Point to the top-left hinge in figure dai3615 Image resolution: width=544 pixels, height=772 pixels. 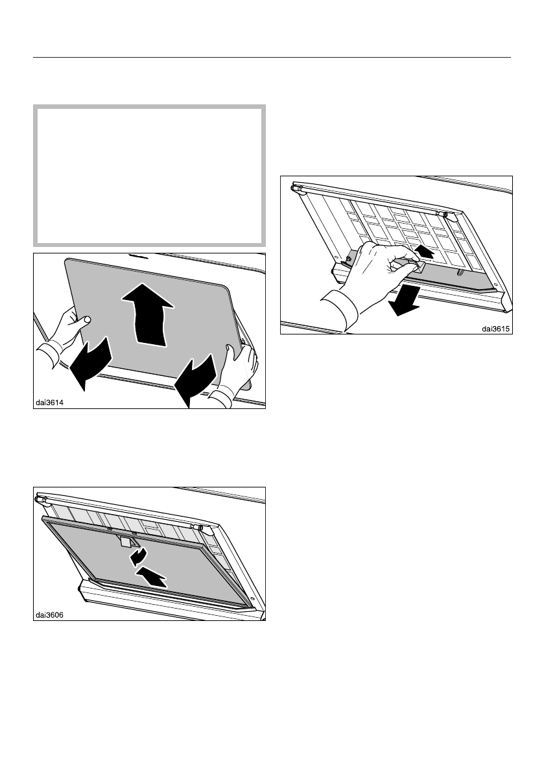tap(299, 190)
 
